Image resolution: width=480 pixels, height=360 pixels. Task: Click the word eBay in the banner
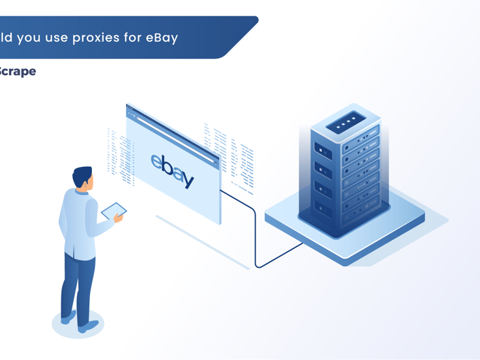click(x=162, y=38)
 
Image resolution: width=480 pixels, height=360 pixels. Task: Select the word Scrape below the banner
click(x=18, y=71)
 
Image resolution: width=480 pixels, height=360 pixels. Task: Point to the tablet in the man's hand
click(x=113, y=211)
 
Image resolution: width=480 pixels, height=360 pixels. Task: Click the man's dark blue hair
click(x=82, y=175)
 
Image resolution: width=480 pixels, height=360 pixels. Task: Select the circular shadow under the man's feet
click(x=78, y=324)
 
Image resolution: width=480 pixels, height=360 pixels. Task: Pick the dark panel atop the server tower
click(x=346, y=122)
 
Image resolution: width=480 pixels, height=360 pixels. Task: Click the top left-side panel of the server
click(x=323, y=151)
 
